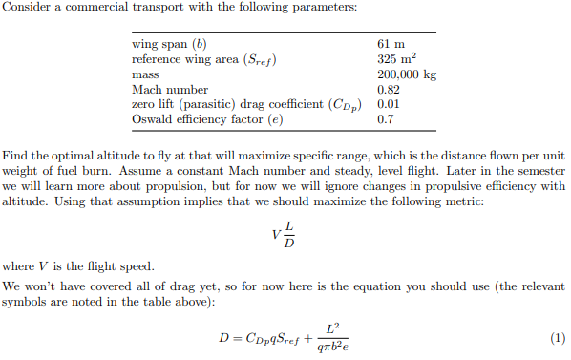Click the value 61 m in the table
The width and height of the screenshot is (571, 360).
point(391,44)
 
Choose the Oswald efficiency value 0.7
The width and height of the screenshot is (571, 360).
point(387,120)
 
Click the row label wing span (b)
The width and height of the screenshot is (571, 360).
point(168,44)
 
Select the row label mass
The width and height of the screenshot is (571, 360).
point(144,74)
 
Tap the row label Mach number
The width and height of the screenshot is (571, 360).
point(163,90)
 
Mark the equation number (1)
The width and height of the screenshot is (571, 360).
point(558,338)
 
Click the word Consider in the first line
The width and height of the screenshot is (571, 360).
point(25,8)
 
